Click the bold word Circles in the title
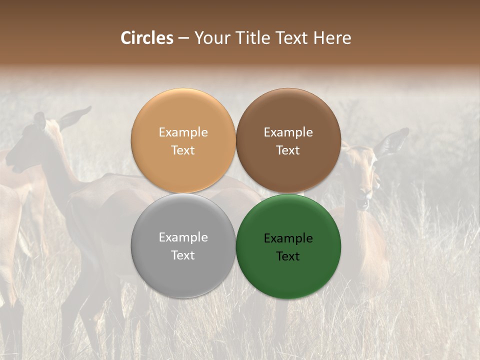click(x=146, y=38)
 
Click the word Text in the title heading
click(x=294, y=38)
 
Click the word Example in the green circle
click(x=288, y=238)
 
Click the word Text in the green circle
click(x=288, y=256)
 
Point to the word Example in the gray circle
click(x=183, y=237)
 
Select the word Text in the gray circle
click(x=183, y=255)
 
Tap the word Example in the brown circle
click(x=288, y=132)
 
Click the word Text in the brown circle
click(x=288, y=150)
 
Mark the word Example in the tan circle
click(x=183, y=132)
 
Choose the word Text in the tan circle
click(x=183, y=150)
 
